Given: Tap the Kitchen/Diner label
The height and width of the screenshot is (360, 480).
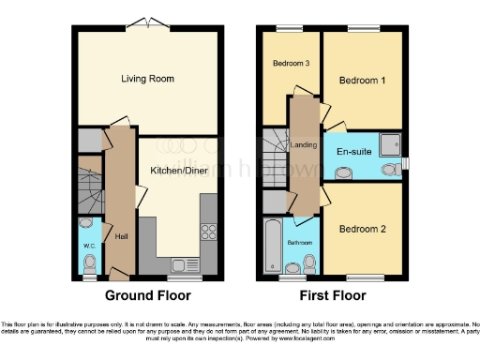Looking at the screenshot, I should pyautogui.click(x=179, y=171).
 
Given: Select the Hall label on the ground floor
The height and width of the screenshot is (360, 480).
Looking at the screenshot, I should pyautogui.click(x=121, y=236).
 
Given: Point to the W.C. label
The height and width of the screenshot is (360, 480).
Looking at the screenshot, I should pyautogui.click(x=90, y=247).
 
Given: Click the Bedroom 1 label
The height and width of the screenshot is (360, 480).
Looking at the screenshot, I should pyautogui.click(x=363, y=82).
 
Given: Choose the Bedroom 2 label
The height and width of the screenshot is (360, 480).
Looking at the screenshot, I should pyautogui.click(x=363, y=229).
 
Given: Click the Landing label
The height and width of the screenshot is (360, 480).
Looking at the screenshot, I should pyautogui.click(x=305, y=144).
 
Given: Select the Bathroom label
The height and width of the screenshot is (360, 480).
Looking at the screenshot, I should pyautogui.click(x=301, y=242).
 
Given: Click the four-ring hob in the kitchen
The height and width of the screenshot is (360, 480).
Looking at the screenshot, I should pyautogui.click(x=209, y=232).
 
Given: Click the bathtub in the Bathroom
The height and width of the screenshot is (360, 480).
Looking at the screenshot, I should pyautogui.click(x=273, y=242).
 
